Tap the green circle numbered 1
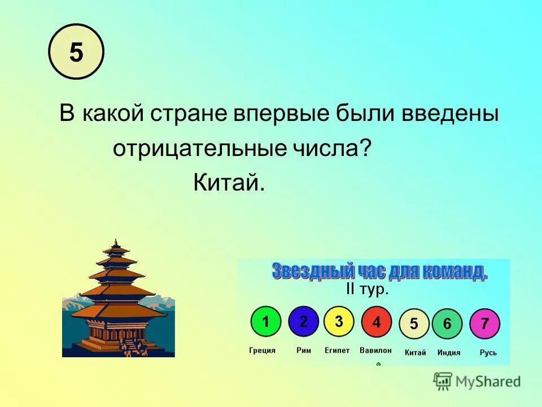point(266,322)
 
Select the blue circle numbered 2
point(304,322)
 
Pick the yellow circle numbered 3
point(339,322)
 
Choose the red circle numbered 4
point(377,322)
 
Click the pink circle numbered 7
point(484,324)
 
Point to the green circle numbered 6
point(447,324)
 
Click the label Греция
point(263,350)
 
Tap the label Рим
point(304,350)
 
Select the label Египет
point(337,350)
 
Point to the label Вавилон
point(375,350)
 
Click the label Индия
point(449,353)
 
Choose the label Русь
point(488,353)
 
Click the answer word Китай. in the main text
point(229,182)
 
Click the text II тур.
point(367,289)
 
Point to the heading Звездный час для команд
point(379,271)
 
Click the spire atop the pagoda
point(117,243)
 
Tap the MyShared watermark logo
point(478,381)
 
